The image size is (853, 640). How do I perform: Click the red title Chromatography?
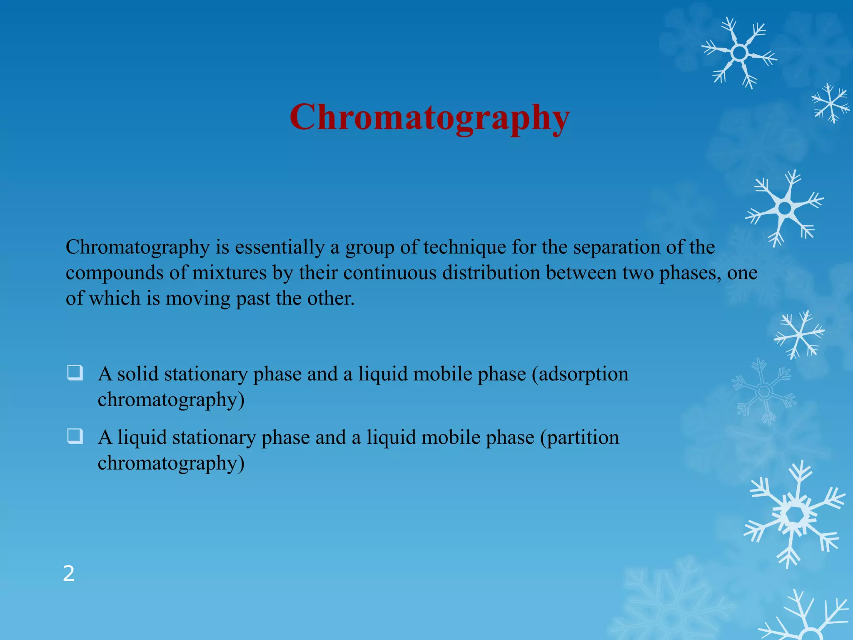[x=429, y=118]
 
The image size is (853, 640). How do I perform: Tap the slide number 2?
[x=69, y=574]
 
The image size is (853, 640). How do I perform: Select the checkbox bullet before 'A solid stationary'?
[x=75, y=372]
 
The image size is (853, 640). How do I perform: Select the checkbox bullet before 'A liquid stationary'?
[x=75, y=436]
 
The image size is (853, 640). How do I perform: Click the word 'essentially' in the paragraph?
[x=279, y=247]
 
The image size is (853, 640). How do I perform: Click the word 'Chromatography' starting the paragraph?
[x=138, y=248]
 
